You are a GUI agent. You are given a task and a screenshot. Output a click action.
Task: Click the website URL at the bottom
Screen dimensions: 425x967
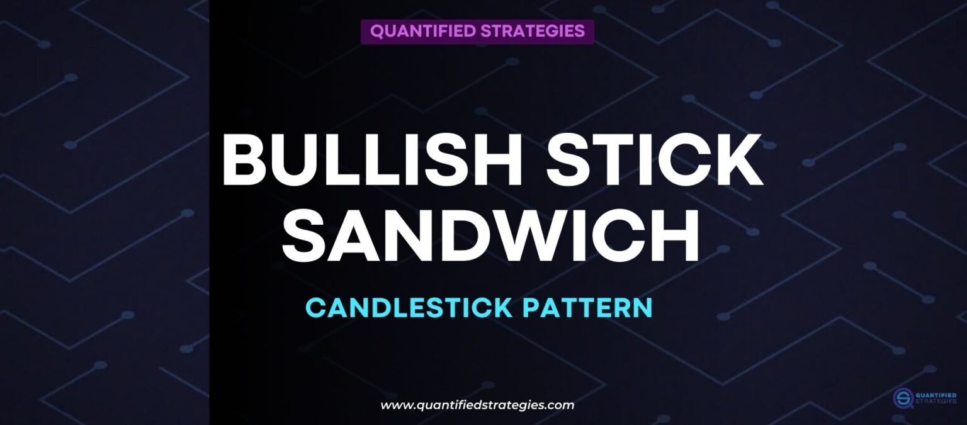pyautogui.click(x=477, y=405)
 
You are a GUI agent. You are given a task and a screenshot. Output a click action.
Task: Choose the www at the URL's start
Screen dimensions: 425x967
pyautogui.click(x=395, y=405)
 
